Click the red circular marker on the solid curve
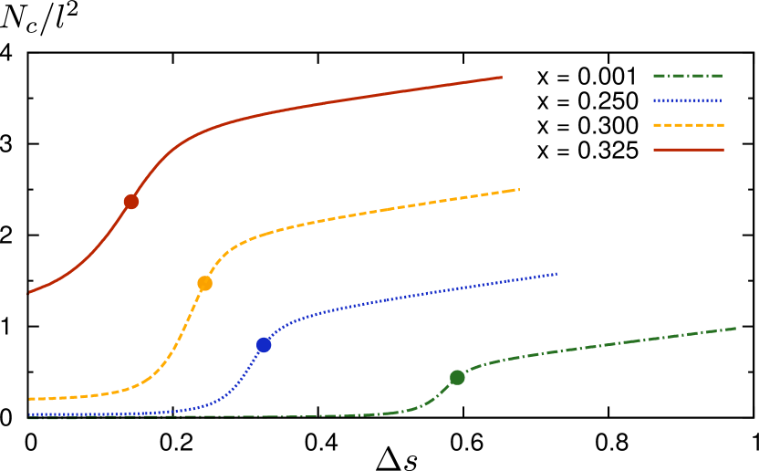tap(131, 202)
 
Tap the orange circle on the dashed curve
tap(204, 283)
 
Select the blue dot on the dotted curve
tap(264, 345)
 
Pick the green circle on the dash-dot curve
tap(457, 378)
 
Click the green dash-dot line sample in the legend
tap(688, 76)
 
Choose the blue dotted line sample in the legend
tap(688, 100)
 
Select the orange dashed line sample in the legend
tap(688, 125)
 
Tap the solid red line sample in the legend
tap(688, 150)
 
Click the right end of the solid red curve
tap(502, 77)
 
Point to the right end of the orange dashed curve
tap(519, 189)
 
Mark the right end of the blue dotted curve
tap(556, 273)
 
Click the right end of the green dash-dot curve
tap(735, 328)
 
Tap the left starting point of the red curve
tap(30, 293)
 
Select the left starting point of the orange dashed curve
tap(30, 399)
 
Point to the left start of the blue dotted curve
tap(30, 414)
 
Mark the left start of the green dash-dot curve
tap(30, 418)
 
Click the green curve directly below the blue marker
tap(264, 416)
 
